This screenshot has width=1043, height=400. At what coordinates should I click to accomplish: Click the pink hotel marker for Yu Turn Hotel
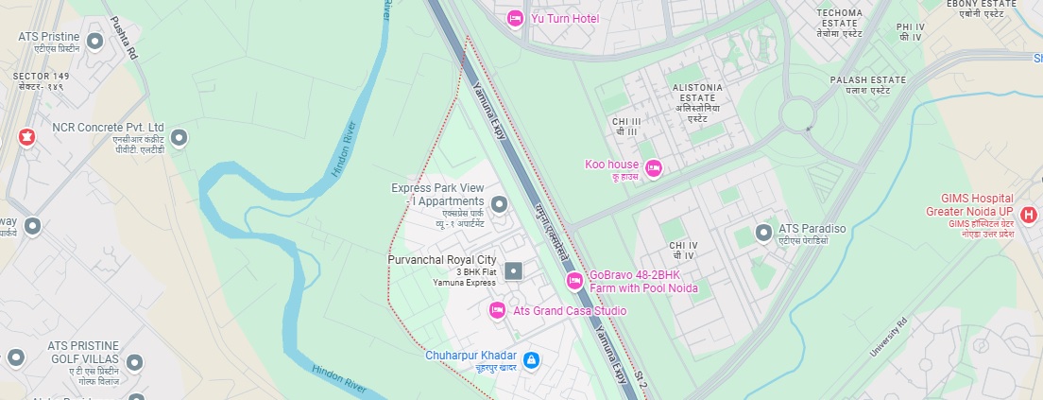(515, 18)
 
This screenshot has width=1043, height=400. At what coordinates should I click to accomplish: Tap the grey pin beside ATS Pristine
(94, 41)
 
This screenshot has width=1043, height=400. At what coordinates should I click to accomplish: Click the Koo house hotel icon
(653, 168)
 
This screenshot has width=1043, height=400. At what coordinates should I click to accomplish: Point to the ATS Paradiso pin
(763, 232)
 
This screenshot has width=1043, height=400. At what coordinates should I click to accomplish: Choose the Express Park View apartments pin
(500, 203)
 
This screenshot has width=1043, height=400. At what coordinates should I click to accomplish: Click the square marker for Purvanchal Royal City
(514, 271)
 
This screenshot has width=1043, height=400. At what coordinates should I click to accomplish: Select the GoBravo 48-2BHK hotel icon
(573, 281)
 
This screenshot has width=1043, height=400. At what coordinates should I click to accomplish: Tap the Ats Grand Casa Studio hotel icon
(497, 310)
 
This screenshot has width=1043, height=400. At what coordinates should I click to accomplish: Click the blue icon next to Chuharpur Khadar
(532, 360)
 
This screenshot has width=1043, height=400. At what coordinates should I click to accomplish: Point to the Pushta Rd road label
(124, 38)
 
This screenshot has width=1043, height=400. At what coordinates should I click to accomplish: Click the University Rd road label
(887, 337)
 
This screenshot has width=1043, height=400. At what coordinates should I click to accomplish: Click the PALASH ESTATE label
(867, 85)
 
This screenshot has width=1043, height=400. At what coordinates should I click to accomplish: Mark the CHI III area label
(626, 127)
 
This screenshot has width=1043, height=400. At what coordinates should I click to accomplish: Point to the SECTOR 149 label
(40, 80)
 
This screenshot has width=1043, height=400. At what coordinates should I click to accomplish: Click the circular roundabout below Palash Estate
(799, 116)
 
